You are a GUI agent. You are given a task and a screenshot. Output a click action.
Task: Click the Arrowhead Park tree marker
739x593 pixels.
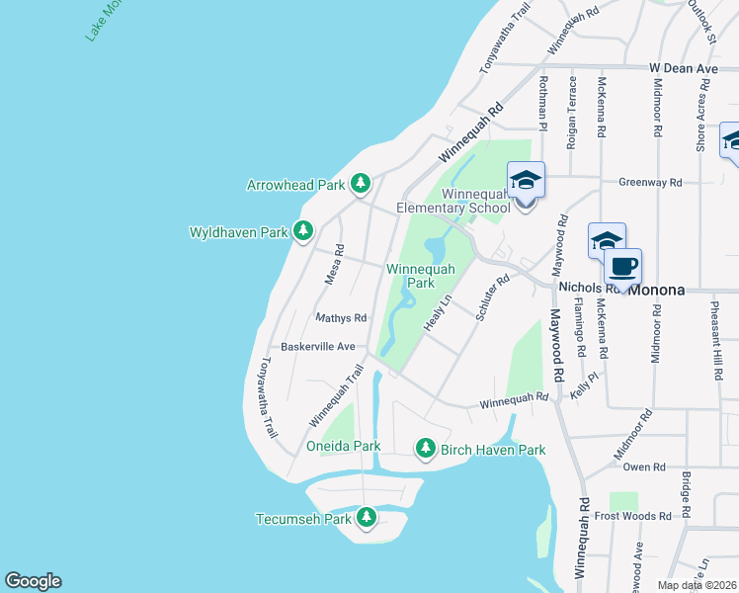(x=362, y=184)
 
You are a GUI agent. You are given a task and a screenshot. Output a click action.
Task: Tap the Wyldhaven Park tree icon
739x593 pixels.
(x=303, y=232)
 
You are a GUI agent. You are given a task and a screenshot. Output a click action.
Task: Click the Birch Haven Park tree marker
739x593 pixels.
(x=426, y=450)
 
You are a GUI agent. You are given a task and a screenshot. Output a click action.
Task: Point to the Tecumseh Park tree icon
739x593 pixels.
(x=367, y=518)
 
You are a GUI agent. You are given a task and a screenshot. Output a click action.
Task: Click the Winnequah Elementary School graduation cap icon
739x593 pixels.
(x=526, y=182)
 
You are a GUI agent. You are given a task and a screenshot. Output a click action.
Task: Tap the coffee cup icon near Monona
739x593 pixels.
(x=622, y=267)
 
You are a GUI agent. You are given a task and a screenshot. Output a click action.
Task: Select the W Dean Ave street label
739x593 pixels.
(x=683, y=68)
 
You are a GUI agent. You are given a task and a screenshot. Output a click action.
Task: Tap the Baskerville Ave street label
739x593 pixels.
(x=317, y=347)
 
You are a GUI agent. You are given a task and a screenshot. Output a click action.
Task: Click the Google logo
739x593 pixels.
(x=33, y=581)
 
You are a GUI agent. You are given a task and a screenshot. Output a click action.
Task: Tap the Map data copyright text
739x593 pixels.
(x=697, y=585)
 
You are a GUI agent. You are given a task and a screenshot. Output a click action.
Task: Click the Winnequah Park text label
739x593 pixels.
(x=421, y=275)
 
